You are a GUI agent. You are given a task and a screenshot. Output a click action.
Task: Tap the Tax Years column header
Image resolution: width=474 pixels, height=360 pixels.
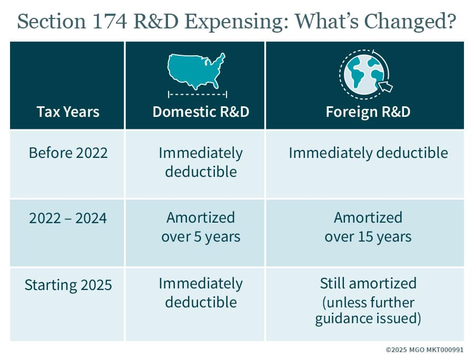68,112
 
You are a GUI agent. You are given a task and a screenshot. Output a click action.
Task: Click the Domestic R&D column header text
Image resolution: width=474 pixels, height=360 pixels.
201,112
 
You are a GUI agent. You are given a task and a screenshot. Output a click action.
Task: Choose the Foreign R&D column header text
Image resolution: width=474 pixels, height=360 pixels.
368,112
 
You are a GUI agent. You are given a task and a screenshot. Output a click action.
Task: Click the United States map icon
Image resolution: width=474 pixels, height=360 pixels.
196,71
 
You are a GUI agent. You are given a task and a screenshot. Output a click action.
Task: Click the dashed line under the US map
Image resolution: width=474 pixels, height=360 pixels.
197,94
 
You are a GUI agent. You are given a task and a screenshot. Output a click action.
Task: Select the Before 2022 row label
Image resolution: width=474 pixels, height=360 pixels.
68,153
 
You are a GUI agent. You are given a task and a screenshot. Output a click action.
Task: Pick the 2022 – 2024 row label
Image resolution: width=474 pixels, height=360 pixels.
68,218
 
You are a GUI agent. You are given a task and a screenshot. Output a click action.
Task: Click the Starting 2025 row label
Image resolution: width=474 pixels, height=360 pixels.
68,285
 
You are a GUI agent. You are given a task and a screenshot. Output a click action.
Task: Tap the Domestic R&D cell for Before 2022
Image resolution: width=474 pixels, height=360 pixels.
201,162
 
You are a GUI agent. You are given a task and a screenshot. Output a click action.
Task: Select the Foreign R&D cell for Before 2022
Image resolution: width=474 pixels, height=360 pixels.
368,153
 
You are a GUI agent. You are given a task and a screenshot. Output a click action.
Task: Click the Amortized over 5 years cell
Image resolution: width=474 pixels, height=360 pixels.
201,227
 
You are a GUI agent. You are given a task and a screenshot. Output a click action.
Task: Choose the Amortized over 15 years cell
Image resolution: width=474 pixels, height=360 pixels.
368,227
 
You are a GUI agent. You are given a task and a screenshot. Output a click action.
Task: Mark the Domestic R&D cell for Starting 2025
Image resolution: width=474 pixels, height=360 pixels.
201,293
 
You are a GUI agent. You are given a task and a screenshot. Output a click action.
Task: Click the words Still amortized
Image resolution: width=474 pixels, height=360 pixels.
368,283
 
